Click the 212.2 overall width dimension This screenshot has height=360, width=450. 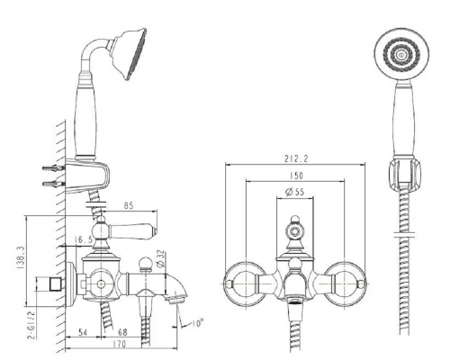click(296, 158)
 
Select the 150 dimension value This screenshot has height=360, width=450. click(296, 175)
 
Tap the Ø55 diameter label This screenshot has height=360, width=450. click(295, 192)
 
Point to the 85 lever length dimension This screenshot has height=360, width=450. click(129, 206)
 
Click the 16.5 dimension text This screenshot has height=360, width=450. click(83, 239)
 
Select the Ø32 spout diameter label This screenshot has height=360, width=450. click(160, 258)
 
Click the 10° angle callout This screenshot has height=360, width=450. click(198, 323)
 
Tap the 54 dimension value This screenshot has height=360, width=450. click(83, 332)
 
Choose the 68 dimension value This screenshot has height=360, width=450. click(122, 332)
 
